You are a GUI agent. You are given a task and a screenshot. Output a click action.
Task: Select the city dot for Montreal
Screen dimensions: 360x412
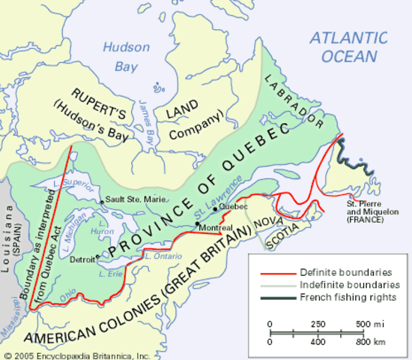click(197, 223)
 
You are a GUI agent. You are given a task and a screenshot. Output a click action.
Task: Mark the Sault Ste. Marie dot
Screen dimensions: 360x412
click(102, 201)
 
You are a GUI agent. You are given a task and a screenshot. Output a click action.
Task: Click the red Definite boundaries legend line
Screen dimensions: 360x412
click(277, 271)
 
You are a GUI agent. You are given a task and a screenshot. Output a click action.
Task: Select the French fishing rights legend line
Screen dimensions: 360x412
click(277, 297)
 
